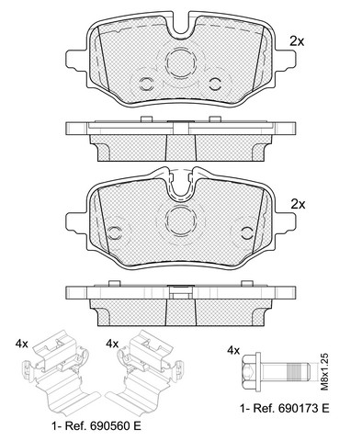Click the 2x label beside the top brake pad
pyautogui.click(x=297, y=41)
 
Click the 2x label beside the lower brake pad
pyautogui.click(x=298, y=204)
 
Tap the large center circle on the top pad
pyautogui.click(x=181, y=62)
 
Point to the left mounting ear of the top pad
pyautogui.click(x=76, y=60)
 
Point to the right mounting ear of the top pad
pyautogui.click(x=286, y=60)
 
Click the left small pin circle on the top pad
pyautogui.click(x=146, y=84)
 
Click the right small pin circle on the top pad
pyautogui.click(x=215, y=84)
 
